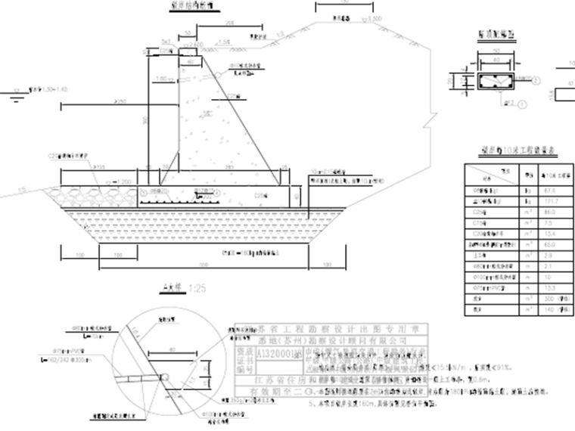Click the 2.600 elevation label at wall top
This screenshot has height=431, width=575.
coord(193,45)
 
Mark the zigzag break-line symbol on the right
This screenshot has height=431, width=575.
coord(432,119)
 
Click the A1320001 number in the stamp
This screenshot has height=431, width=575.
coord(283,353)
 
